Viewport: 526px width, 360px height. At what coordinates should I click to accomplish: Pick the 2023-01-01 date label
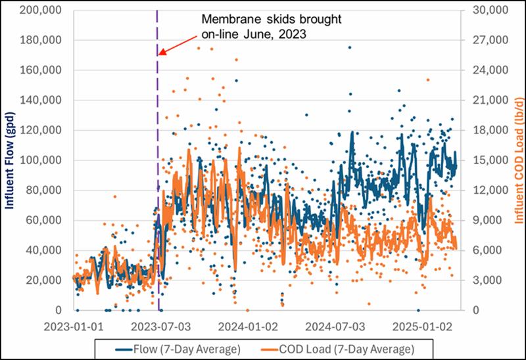pos(72,325)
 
